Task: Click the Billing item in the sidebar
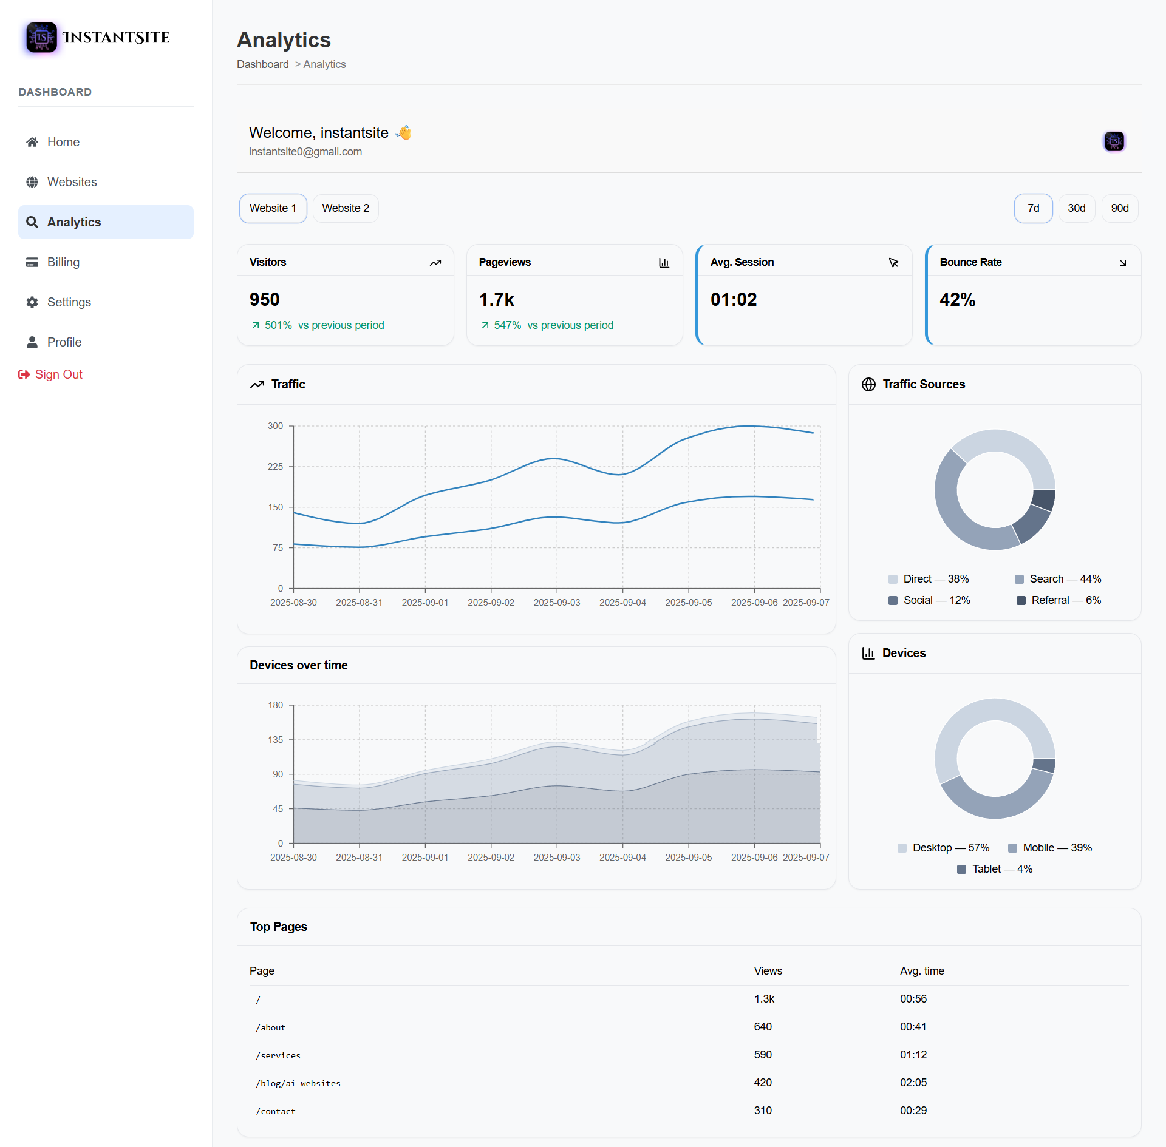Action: pyautogui.click(x=63, y=262)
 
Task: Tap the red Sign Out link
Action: pyautogui.click(x=58, y=374)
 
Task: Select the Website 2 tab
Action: pyautogui.click(x=345, y=208)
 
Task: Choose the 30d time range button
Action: pyautogui.click(x=1076, y=208)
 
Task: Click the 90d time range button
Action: pyautogui.click(x=1119, y=208)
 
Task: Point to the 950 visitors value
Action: pyautogui.click(x=265, y=300)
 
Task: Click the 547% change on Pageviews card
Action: pyautogui.click(x=507, y=325)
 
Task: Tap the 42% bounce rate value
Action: pyautogui.click(x=957, y=300)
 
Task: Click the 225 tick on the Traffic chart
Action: pyautogui.click(x=275, y=467)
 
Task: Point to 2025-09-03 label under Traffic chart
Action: pyautogui.click(x=556, y=603)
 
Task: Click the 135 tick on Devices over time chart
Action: pyautogui.click(x=275, y=740)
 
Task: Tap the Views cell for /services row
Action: pyautogui.click(x=763, y=1055)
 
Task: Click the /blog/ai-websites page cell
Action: pyautogui.click(x=298, y=1083)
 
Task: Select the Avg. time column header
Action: pyautogui.click(x=922, y=971)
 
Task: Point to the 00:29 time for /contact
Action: pyautogui.click(x=913, y=1111)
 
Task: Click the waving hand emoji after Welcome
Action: pyautogui.click(x=404, y=132)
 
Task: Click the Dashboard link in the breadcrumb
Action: pyautogui.click(x=262, y=64)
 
